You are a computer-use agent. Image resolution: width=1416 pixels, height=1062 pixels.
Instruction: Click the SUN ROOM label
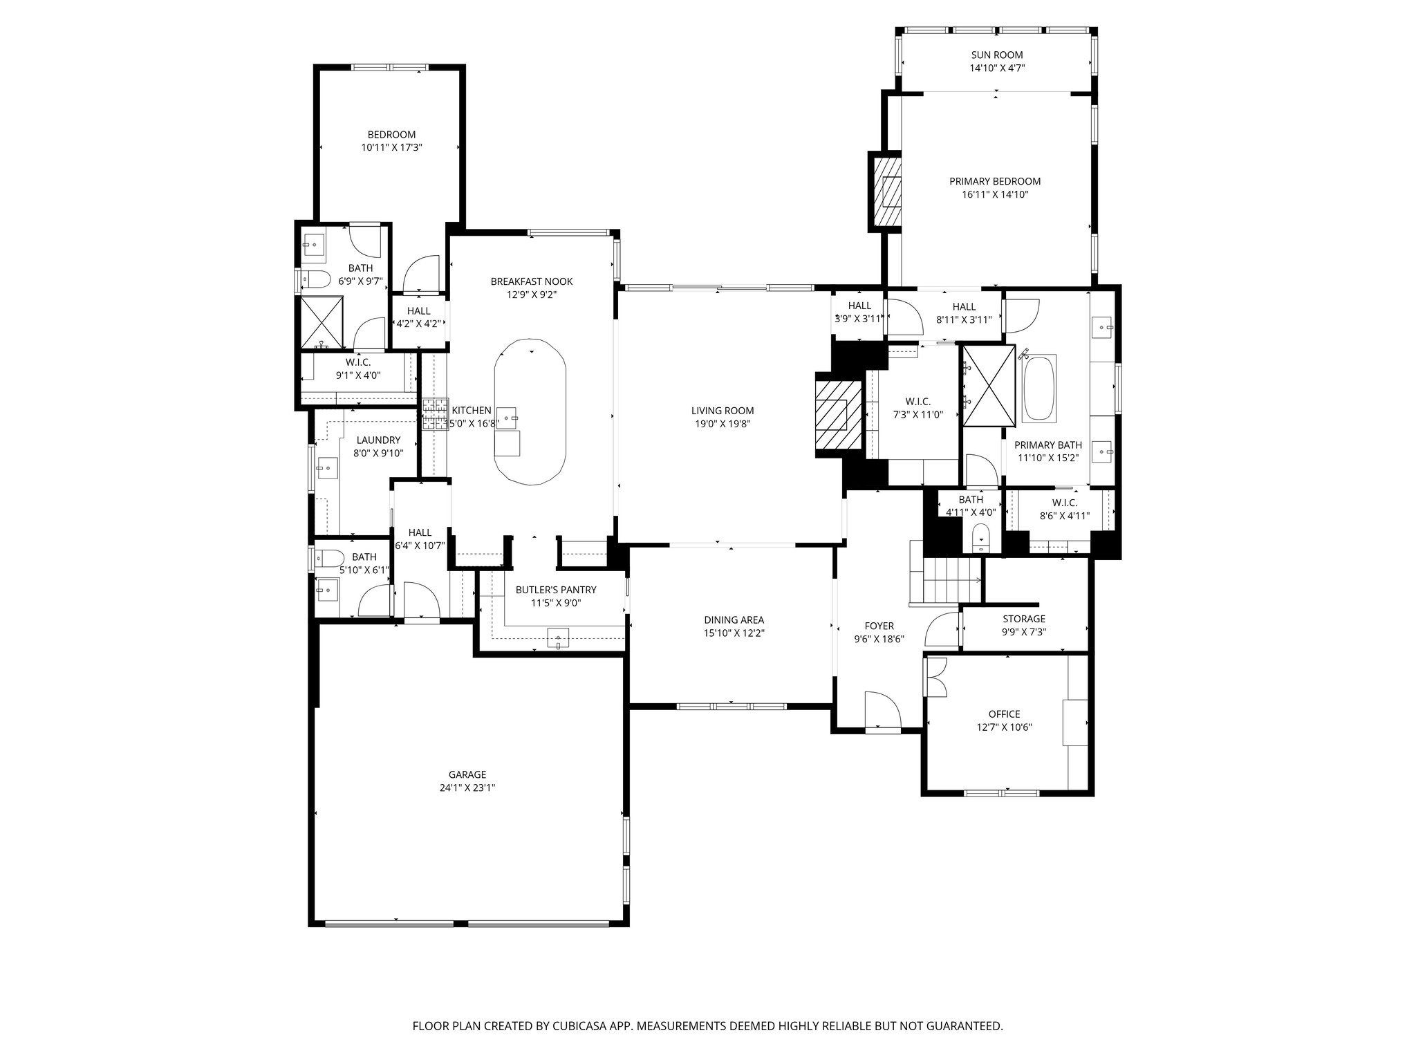[996, 55]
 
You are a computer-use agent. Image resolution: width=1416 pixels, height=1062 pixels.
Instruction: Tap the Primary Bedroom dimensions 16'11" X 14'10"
[994, 195]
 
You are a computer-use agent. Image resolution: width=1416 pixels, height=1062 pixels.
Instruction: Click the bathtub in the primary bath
[1039, 388]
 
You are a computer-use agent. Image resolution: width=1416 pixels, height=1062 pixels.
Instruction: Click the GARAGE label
[467, 774]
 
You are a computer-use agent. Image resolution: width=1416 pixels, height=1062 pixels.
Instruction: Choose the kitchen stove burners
[436, 415]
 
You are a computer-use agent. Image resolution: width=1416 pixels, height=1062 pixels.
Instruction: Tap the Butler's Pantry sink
[557, 637]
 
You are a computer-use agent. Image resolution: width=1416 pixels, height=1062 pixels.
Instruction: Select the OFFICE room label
[1004, 714]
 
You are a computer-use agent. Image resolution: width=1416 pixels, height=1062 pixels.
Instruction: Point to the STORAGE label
[1023, 619]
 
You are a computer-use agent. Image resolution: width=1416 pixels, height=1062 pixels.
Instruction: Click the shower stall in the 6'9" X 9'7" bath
[320, 322]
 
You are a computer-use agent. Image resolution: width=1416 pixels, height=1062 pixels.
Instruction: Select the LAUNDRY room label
[378, 440]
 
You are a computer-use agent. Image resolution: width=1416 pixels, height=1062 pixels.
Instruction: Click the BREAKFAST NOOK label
[531, 281]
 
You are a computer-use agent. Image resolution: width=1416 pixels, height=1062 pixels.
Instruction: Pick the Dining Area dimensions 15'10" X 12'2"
[734, 633]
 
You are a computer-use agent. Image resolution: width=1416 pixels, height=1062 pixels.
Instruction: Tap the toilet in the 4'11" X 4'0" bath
[980, 537]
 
